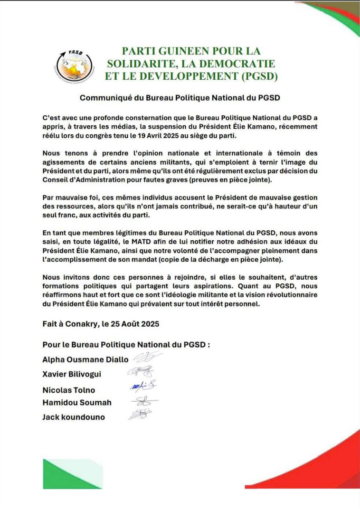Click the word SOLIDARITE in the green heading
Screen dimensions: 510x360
click(x=136, y=63)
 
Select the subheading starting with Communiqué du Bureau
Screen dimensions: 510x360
click(x=180, y=98)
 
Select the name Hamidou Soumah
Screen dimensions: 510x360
click(x=77, y=403)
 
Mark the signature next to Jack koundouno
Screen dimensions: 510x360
click(x=140, y=415)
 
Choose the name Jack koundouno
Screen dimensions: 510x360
click(x=74, y=417)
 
